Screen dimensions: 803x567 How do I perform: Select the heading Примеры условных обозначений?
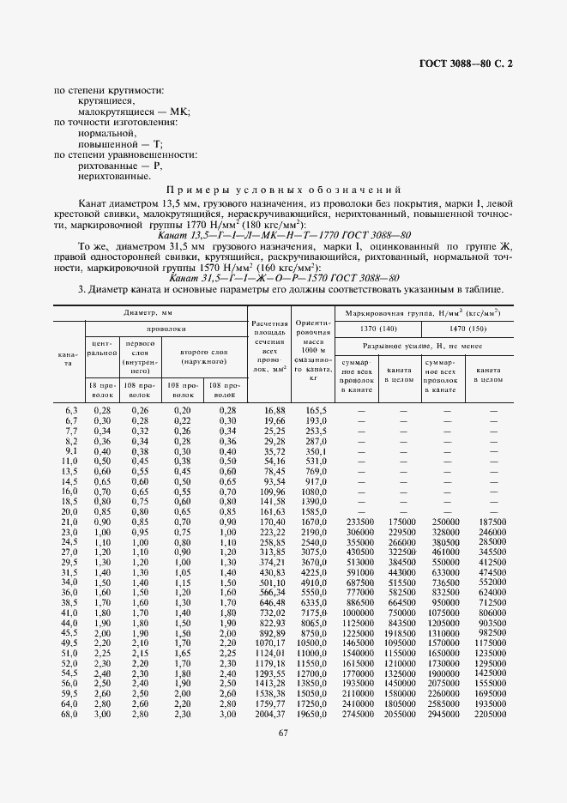[x=284, y=190]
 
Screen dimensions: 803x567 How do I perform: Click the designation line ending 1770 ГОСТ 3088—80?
[x=285, y=234]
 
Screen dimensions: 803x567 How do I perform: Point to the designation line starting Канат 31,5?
[x=285, y=278]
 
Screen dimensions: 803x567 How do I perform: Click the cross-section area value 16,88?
[x=272, y=411]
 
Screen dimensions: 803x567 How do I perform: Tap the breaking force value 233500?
[x=359, y=522]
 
